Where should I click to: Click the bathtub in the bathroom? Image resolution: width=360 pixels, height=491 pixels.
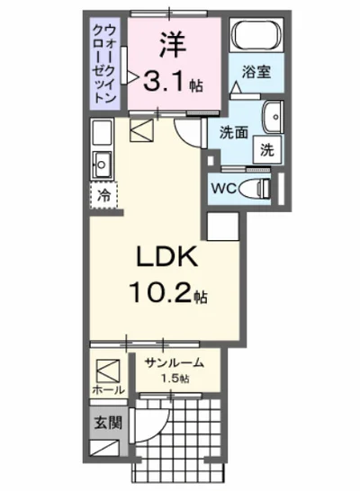tap(256, 35)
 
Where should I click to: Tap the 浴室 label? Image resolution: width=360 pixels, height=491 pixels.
tap(256, 72)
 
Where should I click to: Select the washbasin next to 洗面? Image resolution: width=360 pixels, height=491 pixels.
tap(272, 118)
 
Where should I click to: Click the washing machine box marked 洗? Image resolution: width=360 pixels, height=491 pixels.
tap(267, 150)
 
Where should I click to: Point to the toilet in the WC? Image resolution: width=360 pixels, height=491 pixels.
tap(255, 188)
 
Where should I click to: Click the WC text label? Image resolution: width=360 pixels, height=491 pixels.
tap(224, 188)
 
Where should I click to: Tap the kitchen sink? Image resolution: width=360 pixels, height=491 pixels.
tap(101, 165)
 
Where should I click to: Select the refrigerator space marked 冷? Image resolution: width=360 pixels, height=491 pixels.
tap(103, 196)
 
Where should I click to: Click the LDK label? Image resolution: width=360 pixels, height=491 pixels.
tap(167, 256)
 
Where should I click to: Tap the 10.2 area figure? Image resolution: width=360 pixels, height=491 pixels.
tap(161, 292)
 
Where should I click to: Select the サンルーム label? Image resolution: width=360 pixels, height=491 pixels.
tap(174, 363)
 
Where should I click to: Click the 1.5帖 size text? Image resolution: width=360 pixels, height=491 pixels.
tap(175, 379)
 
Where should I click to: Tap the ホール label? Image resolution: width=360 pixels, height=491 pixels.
tap(108, 390)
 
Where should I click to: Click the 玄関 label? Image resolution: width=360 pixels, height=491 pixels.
tap(108, 423)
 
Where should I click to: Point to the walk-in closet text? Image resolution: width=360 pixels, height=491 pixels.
tap(104, 64)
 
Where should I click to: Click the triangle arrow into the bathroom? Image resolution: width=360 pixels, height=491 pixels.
tap(235, 86)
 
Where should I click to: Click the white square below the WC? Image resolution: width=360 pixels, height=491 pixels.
tap(223, 227)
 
